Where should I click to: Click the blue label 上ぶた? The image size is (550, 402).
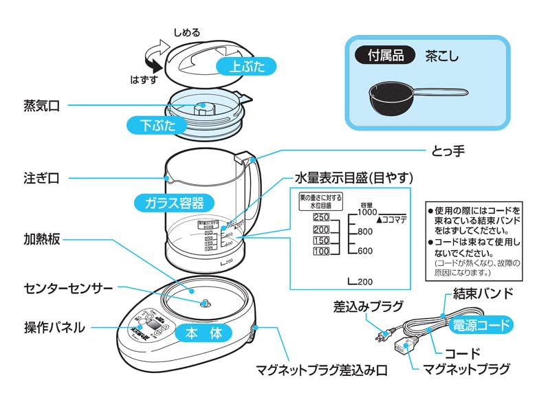[x=244, y=66]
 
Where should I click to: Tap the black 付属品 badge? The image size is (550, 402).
[x=384, y=54]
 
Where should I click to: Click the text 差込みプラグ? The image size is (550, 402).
[x=368, y=306]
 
